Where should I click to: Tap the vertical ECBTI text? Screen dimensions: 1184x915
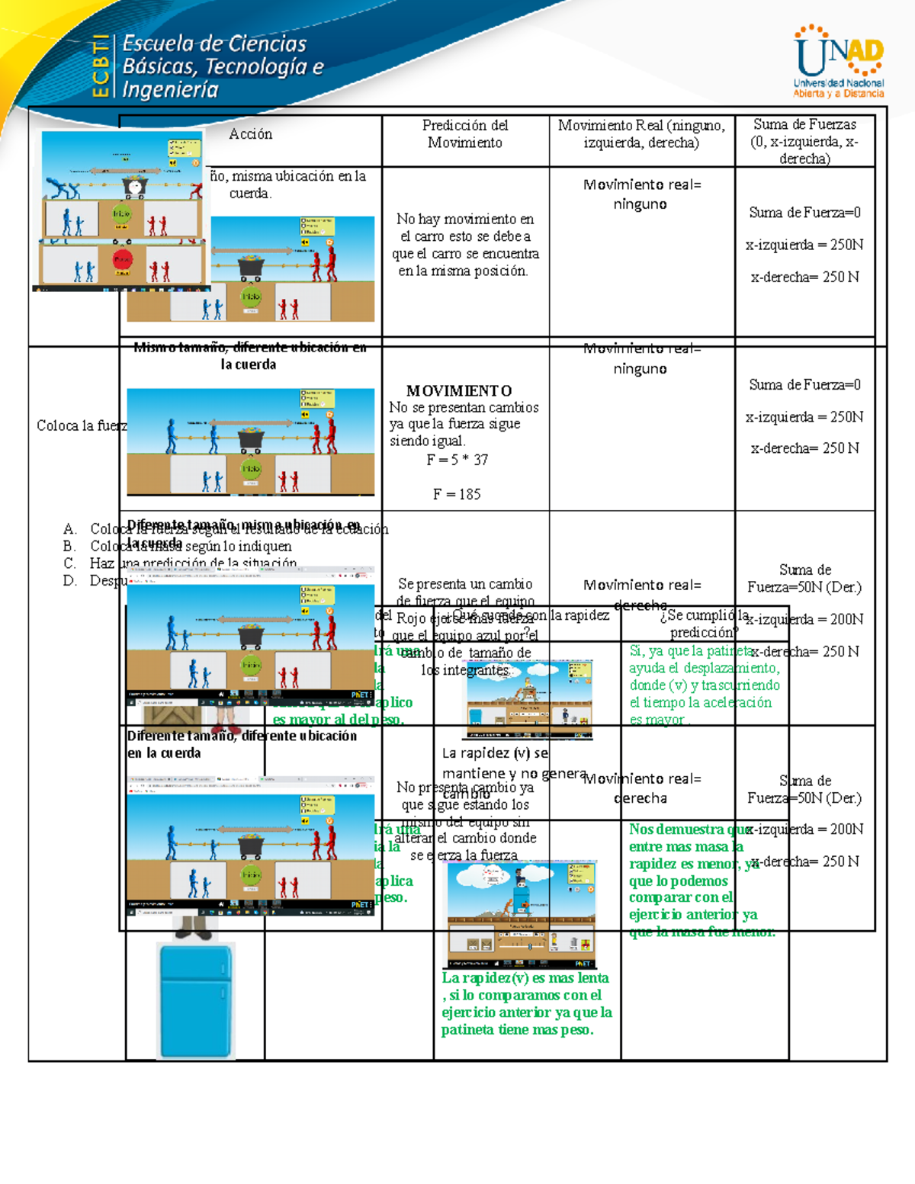(100, 66)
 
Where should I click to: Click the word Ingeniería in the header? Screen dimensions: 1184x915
(171, 90)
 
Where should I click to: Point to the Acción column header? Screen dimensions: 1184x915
(250, 134)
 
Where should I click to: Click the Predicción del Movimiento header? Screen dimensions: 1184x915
(465, 133)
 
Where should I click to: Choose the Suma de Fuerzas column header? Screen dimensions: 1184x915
(804, 141)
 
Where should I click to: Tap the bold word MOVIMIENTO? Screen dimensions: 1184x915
(459, 390)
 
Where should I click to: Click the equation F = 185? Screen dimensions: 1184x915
(457, 494)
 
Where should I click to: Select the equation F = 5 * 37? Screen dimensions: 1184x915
(457, 460)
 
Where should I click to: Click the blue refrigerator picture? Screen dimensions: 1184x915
(195, 1000)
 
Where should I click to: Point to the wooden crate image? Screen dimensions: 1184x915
(173, 717)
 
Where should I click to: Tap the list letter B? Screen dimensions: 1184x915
(69, 546)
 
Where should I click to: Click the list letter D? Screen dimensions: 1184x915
(69, 580)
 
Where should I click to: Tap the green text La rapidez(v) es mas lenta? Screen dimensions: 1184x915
(525, 977)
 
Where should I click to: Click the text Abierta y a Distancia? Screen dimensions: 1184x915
(838, 94)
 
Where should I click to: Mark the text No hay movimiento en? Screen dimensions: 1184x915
(465, 219)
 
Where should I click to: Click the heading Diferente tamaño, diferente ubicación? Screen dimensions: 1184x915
(242, 736)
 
